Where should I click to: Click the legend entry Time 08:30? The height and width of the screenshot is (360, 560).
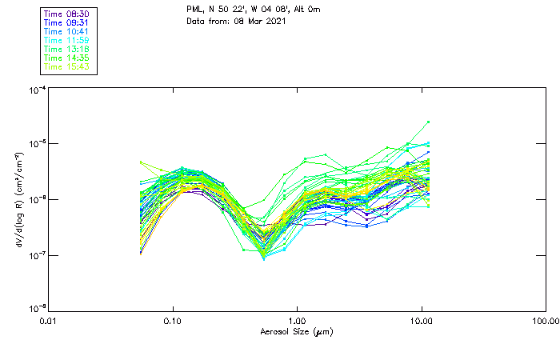67,14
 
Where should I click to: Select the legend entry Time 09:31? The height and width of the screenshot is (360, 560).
67,22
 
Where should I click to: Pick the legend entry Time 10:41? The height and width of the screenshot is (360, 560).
67,31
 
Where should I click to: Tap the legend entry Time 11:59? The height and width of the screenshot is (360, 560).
67,40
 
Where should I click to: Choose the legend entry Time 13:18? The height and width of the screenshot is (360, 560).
67,49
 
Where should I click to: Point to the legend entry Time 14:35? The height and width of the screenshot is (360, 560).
67,58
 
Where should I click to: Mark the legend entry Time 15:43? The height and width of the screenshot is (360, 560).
67,66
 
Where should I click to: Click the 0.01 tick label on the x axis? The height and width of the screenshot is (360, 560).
50,320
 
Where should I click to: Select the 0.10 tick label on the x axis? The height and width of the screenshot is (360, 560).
173,320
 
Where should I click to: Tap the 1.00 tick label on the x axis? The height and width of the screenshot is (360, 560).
298,320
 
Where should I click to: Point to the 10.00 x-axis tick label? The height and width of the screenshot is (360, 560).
422,320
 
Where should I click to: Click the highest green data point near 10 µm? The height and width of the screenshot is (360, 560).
429,122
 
